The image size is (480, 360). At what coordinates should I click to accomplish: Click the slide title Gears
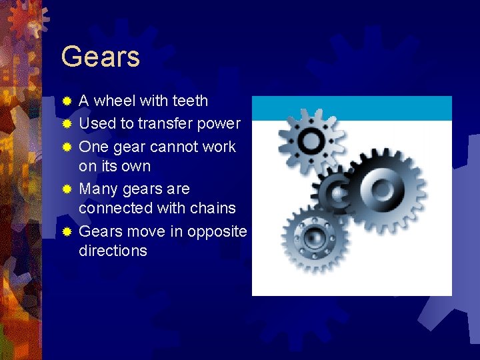coord(100,57)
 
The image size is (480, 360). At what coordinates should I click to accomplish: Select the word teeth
coord(190,101)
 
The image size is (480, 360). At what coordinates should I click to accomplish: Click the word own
coord(136,166)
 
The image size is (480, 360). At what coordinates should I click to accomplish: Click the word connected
coord(115,208)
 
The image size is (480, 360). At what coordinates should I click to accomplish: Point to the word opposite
coord(217,231)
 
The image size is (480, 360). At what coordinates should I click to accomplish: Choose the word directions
coord(113,251)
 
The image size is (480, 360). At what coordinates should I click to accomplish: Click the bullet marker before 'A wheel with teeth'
coord(66,101)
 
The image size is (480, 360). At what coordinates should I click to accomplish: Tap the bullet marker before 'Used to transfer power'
coord(66,124)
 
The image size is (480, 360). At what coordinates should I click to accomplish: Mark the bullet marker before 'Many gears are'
coord(66,189)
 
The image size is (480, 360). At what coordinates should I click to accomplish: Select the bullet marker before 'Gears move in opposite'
coord(66,231)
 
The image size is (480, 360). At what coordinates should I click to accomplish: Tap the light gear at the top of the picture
coord(310,140)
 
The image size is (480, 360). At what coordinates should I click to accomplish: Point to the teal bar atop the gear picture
coord(351,108)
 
